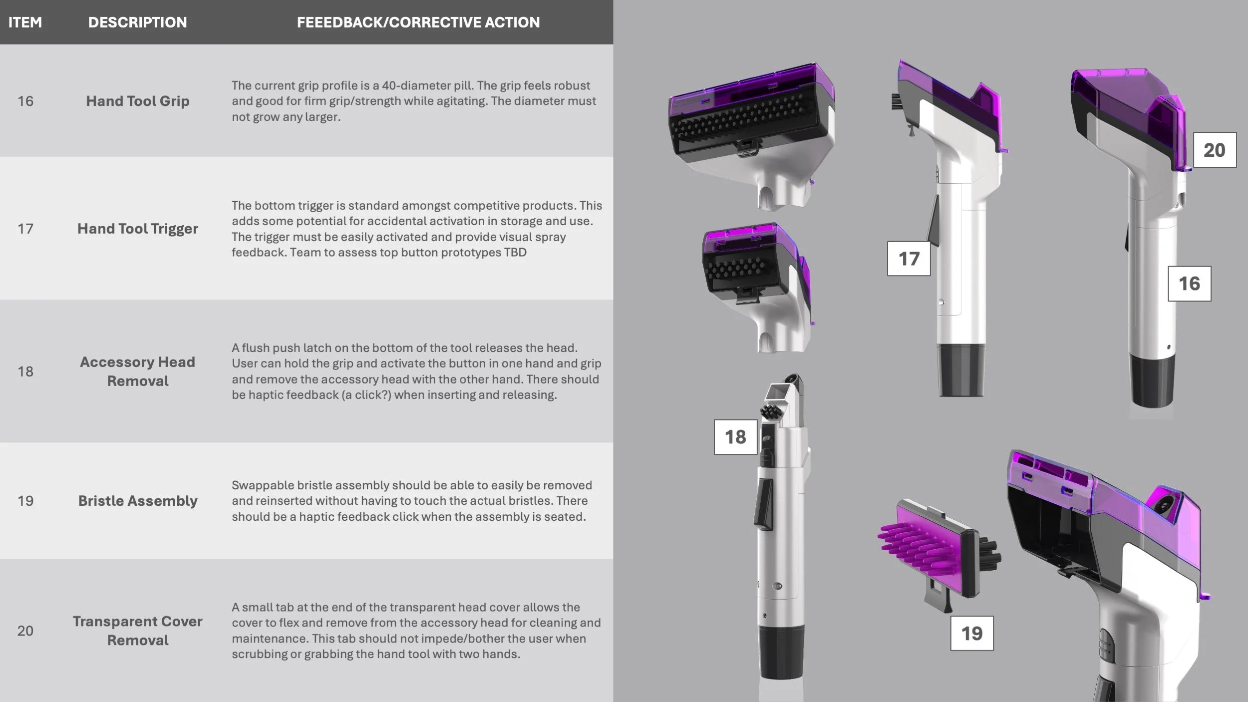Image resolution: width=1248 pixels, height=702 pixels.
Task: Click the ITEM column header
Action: [25, 22]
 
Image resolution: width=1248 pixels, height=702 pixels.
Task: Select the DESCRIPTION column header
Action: [137, 22]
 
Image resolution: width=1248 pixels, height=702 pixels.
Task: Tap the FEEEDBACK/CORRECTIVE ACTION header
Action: [418, 22]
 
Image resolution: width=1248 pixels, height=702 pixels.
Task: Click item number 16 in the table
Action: [25, 101]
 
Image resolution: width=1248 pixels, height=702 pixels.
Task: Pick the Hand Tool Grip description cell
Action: [138, 101]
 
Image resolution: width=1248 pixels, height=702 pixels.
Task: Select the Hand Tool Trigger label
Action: [138, 229]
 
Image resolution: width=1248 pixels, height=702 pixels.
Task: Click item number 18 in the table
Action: [25, 371]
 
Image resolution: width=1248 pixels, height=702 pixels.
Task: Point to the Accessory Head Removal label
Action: [138, 371]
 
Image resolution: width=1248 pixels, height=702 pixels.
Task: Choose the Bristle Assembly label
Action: [138, 501]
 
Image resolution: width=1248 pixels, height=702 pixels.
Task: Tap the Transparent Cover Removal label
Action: [138, 631]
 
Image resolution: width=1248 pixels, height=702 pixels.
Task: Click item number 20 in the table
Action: [25, 631]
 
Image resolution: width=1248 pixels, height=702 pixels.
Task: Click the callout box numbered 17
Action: [909, 259]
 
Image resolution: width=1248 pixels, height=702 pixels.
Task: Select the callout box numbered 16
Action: [1189, 284]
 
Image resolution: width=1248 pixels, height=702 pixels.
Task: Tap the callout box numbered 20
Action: [1215, 150]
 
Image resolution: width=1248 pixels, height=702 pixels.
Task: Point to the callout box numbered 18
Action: [735, 437]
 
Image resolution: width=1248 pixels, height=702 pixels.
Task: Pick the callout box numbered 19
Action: [971, 633]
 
